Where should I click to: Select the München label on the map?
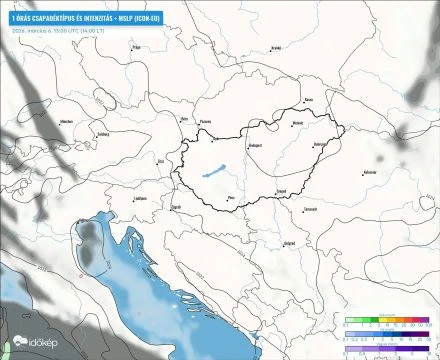click(x=68, y=121)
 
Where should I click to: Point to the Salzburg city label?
click(x=100, y=133)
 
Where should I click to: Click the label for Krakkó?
click(x=276, y=47)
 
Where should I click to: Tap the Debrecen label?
click(x=320, y=144)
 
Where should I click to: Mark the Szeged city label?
click(x=282, y=189)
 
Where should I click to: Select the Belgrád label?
click(x=289, y=241)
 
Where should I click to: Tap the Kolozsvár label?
click(x=370, y=172)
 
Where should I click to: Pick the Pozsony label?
click(x=208, y=119)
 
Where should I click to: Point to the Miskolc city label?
click(x=297, y=124)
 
